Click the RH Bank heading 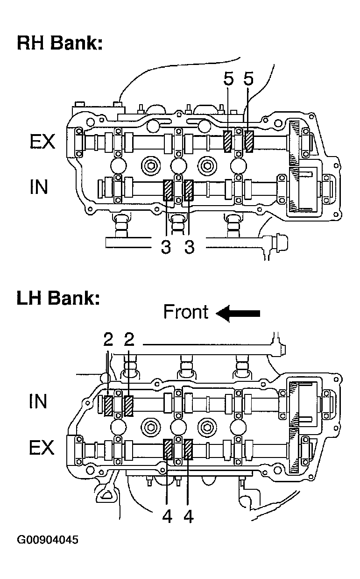[x=60, y=43]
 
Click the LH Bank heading [x=58, y=298]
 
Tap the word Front [x=186, y=312]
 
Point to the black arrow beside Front [x=238, y=313]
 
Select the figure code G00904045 [x=48, y=540]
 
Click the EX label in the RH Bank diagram [x=42, y=142]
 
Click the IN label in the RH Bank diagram [x=39, y=186]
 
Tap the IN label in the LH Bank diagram [x=38, y=401]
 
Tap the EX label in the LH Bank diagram [x=42, y=447]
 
